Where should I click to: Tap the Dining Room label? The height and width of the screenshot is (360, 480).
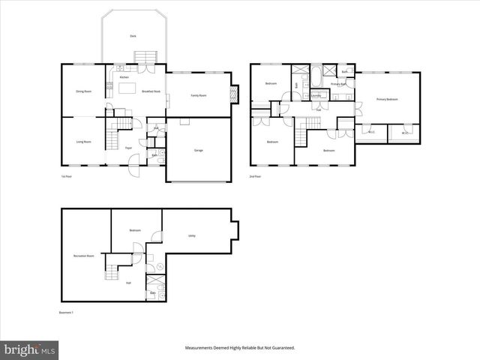click(83, 91)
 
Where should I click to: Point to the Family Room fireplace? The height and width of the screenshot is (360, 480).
click(235, 94)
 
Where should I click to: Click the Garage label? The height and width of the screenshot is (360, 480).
click(199, 151)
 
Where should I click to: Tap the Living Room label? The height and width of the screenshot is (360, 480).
click(83, 142)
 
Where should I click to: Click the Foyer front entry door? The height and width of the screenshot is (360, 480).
click(133, 169)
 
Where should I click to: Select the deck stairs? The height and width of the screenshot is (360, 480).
click(144, 58)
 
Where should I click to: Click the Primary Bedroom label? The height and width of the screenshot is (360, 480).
click(387, 99)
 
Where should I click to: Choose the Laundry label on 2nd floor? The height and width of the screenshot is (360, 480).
click(316, 95)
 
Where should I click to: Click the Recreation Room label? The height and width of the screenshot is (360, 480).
click(83, 256)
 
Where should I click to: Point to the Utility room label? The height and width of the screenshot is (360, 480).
click(193, 235)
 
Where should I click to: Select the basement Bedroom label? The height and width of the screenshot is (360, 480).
click(135, 230)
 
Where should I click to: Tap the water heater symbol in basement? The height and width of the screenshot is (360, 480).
click(160, 265)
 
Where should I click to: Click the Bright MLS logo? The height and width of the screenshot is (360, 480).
click(29, 349)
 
